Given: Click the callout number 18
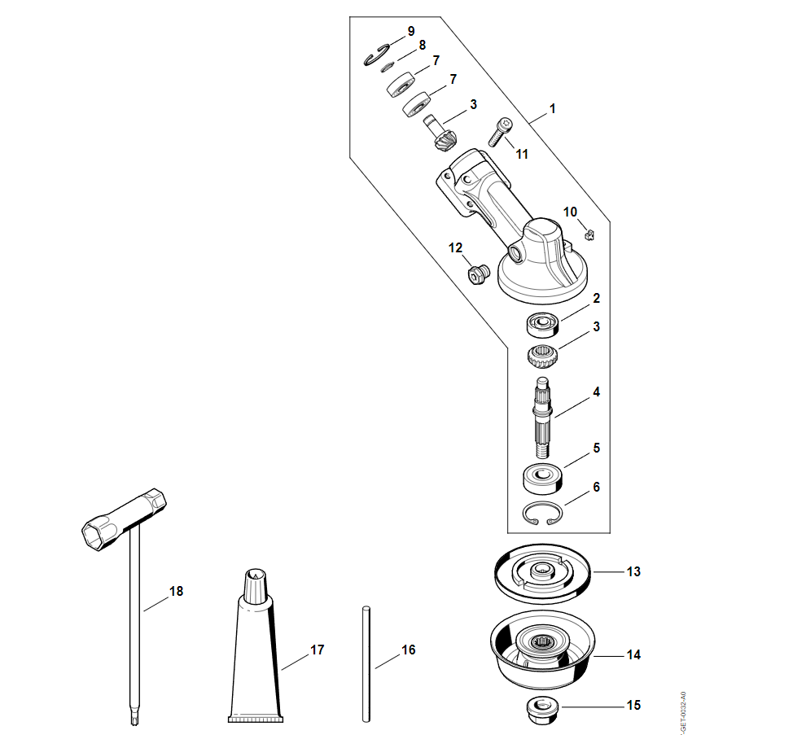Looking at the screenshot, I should point(176,591).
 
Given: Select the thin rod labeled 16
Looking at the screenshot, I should point(366,663).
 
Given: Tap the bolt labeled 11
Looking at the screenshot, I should point(500,132).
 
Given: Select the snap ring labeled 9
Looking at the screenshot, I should point(376,56).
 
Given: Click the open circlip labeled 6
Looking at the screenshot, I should point(542,514).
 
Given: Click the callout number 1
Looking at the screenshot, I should point(553,108).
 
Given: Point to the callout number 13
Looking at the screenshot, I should point(633,571).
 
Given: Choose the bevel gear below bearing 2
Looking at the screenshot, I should point(541,356).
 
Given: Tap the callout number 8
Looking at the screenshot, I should point(422,46).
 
